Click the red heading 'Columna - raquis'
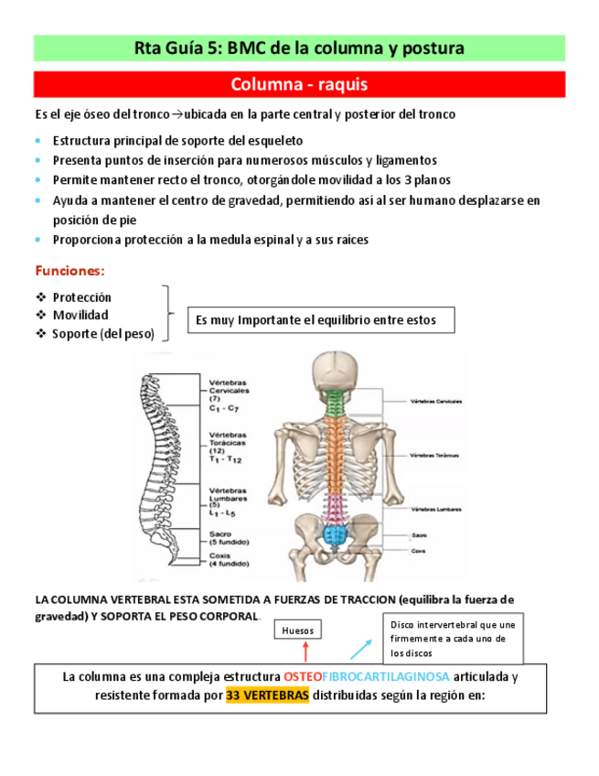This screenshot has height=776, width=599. (x=299, y=85)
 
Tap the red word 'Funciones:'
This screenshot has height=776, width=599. (x=70, y=271)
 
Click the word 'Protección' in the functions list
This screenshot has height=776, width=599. (x=81, y=297)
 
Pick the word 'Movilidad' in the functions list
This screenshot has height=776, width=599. (x=80, y=315)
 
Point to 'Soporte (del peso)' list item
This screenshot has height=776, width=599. (x=102, y=333)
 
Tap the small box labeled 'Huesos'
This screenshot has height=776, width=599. (x=298, y=630)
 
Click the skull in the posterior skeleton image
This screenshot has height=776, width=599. (x=338, y=372)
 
